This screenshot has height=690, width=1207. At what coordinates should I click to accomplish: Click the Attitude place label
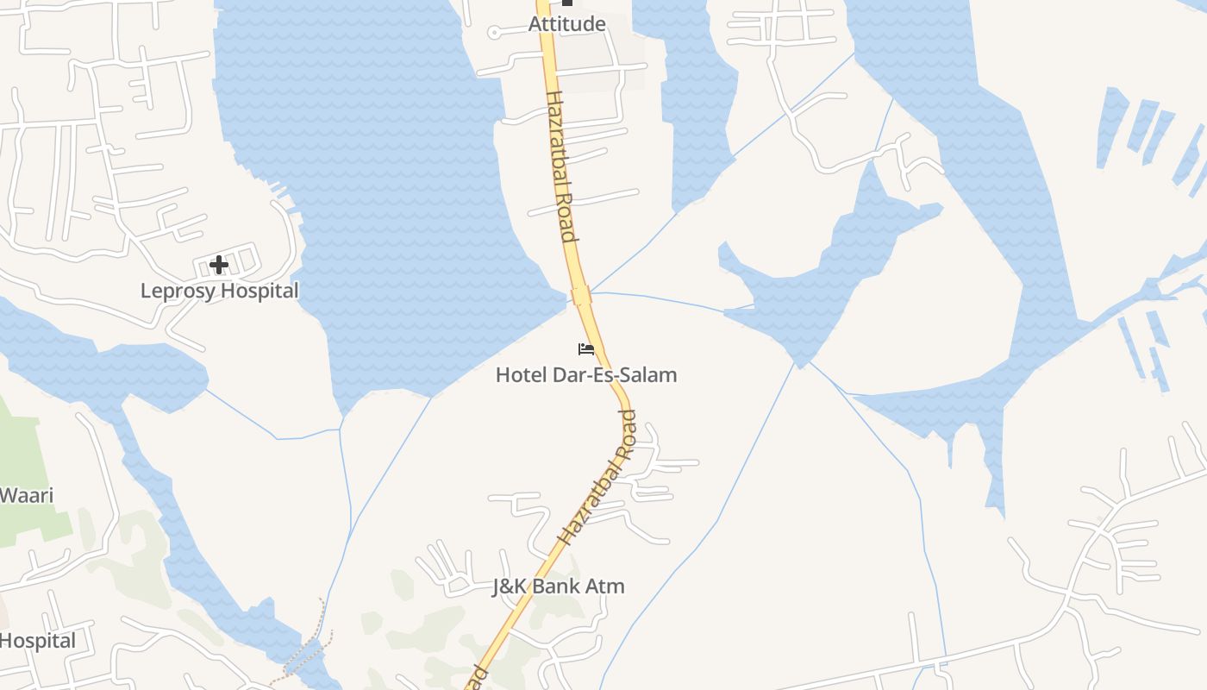click(x=566, y=23)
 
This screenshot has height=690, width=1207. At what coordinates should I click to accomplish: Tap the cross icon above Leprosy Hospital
click(x=219, y=264)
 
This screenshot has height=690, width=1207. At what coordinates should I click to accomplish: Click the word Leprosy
click(x=175, y=291)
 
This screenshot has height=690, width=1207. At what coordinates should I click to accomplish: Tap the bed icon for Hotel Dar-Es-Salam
click(x=586, y=348)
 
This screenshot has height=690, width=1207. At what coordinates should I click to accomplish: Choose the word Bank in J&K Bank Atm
click(x=562, y=586)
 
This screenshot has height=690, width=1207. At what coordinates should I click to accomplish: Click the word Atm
click(x=607, y=586)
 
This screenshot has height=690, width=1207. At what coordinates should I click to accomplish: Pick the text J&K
click(x=510, y=586)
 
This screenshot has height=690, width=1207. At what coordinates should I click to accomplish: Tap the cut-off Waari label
click(x=27, y=495)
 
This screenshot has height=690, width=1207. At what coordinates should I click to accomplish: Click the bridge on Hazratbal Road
click(x=580, y=296)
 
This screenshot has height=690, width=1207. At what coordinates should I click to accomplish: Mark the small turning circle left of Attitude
click(x=494, y=33)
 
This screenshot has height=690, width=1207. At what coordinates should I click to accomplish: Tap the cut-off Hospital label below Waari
click(x=37, y=641)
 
